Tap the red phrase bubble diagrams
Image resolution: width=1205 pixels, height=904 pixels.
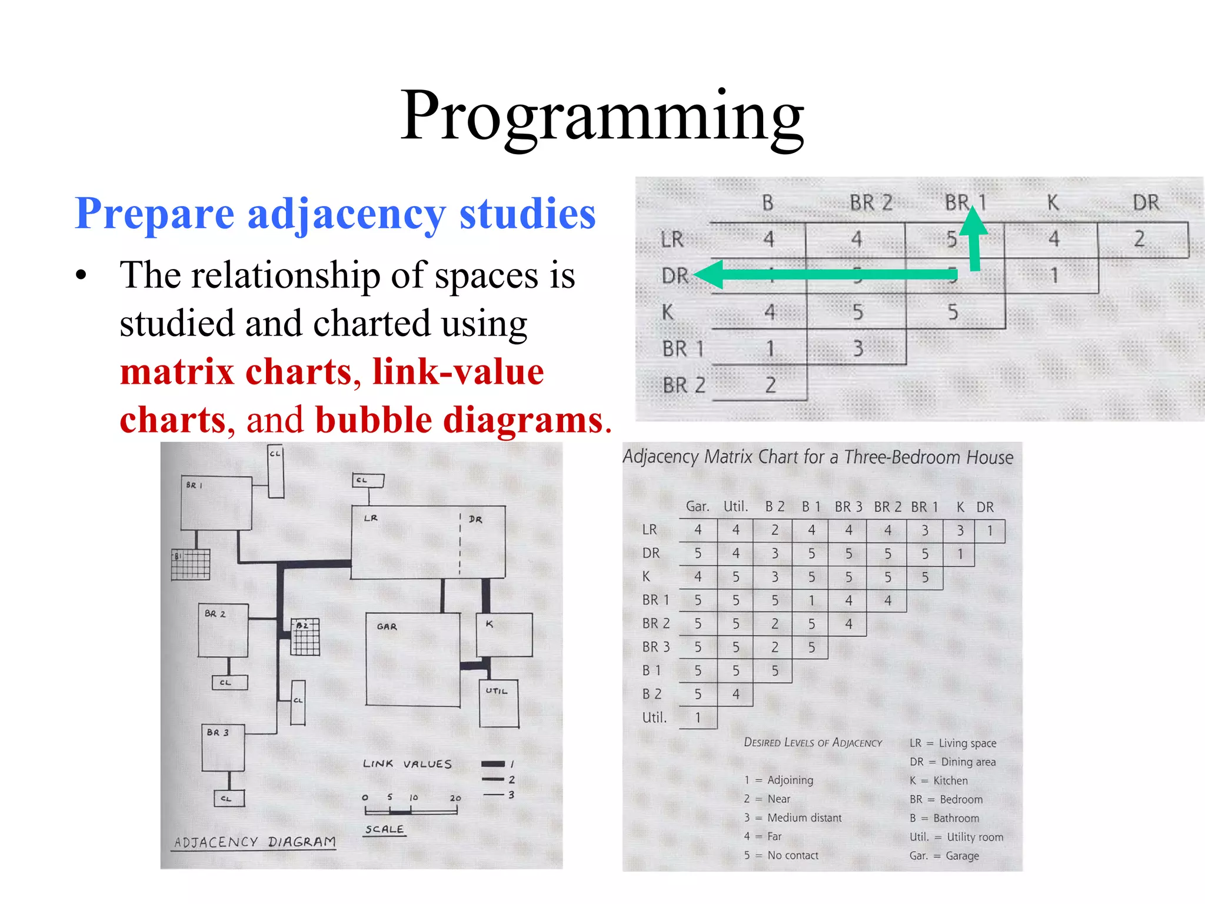coord(459,420)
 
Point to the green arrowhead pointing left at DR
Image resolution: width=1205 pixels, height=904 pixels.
coord(709,274)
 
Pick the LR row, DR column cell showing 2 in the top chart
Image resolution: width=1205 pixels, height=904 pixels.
coord(1140,239)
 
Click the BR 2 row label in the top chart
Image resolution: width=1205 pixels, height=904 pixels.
coord(684,385)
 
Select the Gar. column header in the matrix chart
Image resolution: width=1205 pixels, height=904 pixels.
coord(697,507)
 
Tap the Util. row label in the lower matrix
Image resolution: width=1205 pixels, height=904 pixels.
coord(654,717)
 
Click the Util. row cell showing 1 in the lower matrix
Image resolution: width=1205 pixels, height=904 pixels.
coord(698,717)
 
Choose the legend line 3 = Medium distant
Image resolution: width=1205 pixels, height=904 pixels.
coord(793,817)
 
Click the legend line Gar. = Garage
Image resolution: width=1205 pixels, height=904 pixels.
coord(944,856)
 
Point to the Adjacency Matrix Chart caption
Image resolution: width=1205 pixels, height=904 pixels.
coord(818,457)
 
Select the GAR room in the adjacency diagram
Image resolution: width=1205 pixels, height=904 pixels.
coord(412,659)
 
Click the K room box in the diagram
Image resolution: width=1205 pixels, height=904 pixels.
coord(504,634)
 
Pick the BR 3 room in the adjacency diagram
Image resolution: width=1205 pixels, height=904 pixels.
coord(223,747)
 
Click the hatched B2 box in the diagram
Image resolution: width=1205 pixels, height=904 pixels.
coord(306,637)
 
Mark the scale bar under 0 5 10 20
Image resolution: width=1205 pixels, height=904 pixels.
coord(411,812)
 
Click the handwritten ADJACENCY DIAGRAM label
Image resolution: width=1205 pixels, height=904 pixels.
coord(255,842)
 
